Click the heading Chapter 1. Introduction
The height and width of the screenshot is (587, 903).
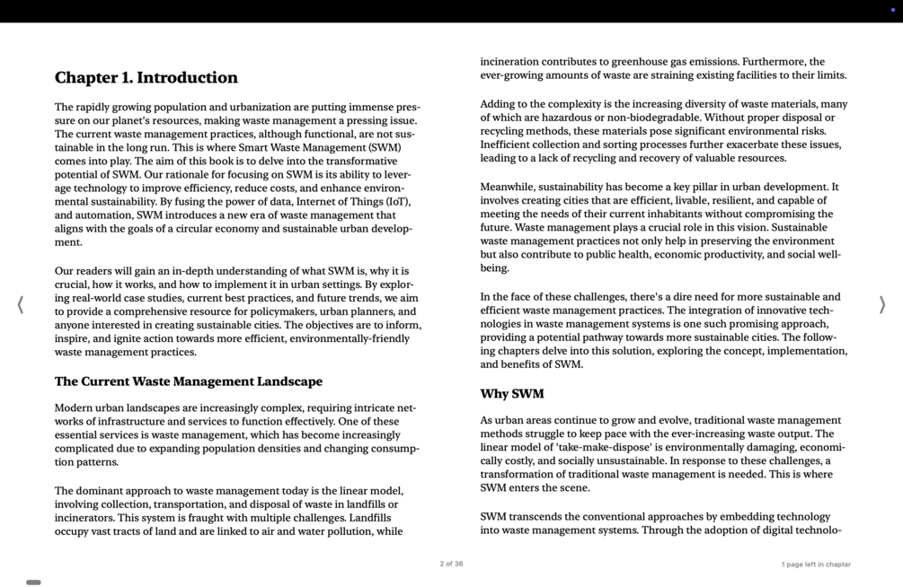146,78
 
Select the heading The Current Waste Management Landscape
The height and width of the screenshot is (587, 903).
188,381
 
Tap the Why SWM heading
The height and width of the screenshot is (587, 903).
511,394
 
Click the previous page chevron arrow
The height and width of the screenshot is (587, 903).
21,305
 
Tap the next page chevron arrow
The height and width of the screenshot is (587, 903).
881,305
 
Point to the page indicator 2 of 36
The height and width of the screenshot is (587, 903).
451,565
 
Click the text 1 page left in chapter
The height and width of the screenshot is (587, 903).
815,565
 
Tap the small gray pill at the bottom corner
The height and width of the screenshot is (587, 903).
33,583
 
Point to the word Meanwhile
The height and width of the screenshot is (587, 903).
507,188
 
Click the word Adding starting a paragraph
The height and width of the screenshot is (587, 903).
499,104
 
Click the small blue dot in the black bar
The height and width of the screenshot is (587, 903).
892,10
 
